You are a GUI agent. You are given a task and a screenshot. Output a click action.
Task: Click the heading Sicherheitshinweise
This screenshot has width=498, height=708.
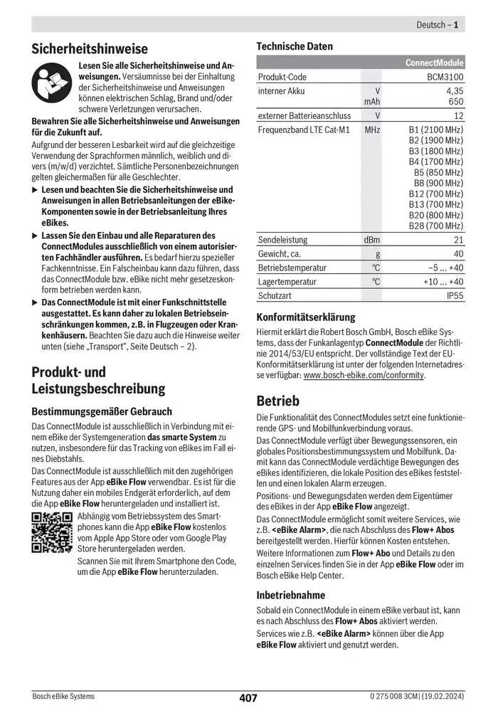90,48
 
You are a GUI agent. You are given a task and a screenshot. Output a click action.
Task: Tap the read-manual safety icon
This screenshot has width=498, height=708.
52,81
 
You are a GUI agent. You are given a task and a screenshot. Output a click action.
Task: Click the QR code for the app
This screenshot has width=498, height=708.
53,532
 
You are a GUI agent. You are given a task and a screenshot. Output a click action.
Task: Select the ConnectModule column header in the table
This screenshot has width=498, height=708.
434,63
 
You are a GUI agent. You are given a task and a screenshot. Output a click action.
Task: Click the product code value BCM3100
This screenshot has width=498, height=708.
445,77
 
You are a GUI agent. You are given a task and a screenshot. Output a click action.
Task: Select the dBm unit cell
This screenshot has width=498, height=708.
371,241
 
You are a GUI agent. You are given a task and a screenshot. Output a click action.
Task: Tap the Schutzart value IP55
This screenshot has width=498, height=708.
455,295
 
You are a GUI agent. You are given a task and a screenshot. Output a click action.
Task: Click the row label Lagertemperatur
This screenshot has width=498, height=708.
287,281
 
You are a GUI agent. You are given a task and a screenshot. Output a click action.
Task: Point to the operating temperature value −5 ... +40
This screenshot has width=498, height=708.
446,268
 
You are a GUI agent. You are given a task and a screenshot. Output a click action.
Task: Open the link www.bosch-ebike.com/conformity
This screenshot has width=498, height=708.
364,375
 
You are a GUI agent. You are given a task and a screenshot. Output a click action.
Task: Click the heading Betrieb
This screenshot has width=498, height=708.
278,401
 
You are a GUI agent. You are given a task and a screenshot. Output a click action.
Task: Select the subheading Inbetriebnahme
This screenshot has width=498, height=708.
290,594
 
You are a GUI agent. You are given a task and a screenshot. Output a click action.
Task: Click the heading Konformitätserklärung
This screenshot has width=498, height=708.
305,317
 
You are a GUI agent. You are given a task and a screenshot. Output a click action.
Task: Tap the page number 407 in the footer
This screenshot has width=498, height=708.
248,698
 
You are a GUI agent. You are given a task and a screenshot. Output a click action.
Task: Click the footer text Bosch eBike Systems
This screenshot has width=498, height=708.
63,696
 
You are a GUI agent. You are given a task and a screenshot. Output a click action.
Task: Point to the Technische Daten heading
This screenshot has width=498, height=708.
294,46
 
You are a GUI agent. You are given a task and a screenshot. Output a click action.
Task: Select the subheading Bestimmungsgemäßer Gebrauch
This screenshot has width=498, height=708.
102,411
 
